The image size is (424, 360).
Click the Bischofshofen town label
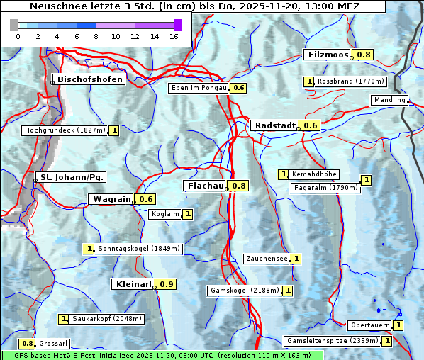[x=90, y=80]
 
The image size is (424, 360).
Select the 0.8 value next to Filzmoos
[x=364, y=55]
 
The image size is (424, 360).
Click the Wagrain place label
[x=112, y=199]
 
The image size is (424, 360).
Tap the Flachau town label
[x=206, y=186]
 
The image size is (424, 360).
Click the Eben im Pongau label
[x=199, y=88]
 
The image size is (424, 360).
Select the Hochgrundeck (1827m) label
[x=65, y=130]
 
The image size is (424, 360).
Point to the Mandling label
[x=389, y=100]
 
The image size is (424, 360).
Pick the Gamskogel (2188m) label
[x=243, y=291]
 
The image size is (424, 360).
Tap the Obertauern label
[x=369, y=325]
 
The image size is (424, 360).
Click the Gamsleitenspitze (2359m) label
[x=331, y=341]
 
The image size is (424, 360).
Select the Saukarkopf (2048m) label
[x=108, y=319]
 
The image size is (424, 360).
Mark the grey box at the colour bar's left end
[x=14, y=25]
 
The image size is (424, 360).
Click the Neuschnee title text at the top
[x=193, y=6]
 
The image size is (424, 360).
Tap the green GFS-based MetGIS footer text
[x=162, y=355]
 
